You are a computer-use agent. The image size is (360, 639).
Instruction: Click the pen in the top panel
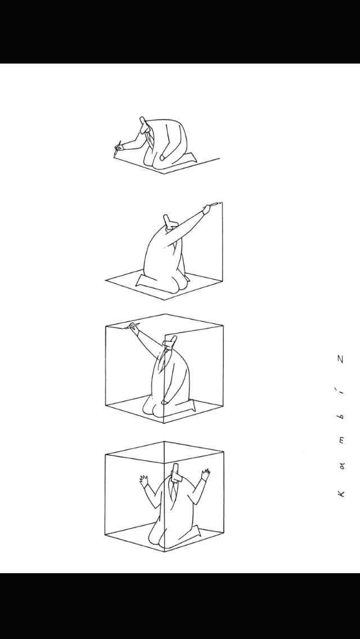pos(118,148)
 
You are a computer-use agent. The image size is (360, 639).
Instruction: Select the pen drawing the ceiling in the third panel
pos(133,325)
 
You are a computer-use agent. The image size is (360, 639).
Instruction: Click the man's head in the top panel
pos(145,125)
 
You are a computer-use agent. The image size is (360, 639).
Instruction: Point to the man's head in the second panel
pos(169,222)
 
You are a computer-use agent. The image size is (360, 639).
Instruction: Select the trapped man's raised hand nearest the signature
pos(205,475)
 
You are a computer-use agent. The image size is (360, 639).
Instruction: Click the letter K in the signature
pos(341,493)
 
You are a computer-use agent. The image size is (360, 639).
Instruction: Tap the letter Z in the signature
pos(341,359)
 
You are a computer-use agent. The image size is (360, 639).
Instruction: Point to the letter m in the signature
pos(341,440)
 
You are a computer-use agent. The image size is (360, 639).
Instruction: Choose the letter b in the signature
pos(341,416)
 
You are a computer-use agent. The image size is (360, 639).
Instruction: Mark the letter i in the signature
pos(341,391)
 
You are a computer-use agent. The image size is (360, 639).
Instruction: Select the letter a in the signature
pos(341,467)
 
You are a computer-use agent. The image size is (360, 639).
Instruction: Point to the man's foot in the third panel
pos(191,406)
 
